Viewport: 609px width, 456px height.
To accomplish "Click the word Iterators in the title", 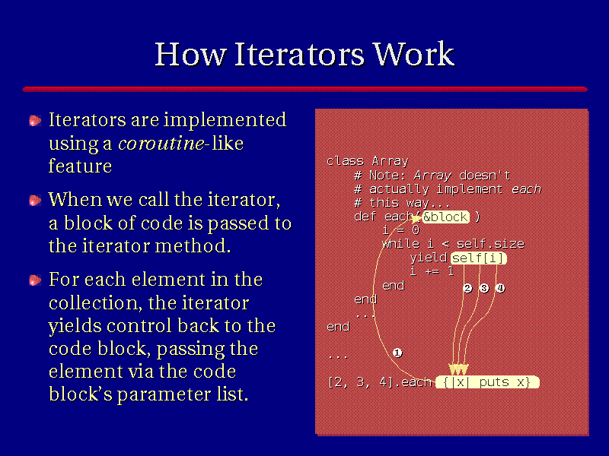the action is tap(299, 54).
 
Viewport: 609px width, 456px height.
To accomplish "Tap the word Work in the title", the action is tap(413, 54).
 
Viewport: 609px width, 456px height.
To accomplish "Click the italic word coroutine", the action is tap(161, 144).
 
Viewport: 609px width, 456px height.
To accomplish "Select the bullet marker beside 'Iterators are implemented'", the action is tap(35, 121).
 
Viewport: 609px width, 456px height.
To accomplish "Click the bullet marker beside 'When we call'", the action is tap(35, 201).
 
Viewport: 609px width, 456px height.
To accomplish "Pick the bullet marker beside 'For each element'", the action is tap(35, 280).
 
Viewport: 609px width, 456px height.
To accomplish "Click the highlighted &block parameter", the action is tap(445, 217).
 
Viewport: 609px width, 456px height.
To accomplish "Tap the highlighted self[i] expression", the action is tap(479, 258).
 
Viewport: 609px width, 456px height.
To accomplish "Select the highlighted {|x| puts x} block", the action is tap(487, 382).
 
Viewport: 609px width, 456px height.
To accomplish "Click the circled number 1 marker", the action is tap(397, 353).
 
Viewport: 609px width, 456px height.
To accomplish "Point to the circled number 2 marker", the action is tap(467, 288).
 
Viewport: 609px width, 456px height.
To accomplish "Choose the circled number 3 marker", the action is tap(484, 288).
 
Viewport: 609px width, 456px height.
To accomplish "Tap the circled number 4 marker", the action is tap(500, 288).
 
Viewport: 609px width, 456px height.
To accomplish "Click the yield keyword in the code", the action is tap(429, 258).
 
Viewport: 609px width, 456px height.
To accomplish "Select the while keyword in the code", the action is tap(401, 244).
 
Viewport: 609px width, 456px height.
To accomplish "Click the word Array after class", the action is tap(391, 161).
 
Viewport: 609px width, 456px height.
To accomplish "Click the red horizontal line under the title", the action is tap(305, 90).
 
